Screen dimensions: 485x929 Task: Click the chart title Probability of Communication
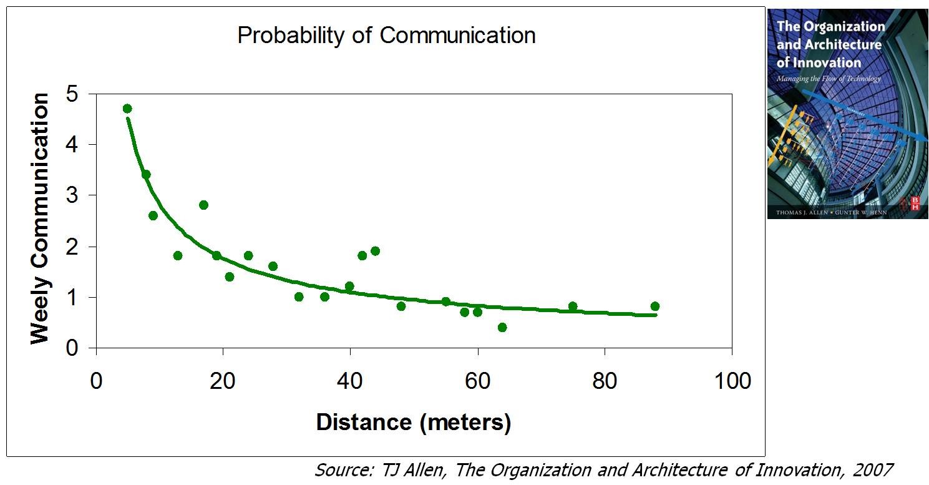[386, 35]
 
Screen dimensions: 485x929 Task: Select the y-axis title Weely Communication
[40, 218]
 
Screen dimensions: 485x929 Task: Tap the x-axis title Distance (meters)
[414, 423]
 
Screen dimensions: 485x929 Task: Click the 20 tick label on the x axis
[223, 381]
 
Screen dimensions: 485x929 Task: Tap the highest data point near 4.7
[127, 109]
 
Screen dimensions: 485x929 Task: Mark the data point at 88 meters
[654, 306]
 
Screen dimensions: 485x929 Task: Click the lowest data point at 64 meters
[502, 328]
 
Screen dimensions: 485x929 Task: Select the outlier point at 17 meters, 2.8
[203, 205]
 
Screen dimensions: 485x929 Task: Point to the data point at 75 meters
[573, 306]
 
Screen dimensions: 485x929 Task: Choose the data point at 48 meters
[401, 306]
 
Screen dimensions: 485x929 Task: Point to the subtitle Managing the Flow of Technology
[829, 79]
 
